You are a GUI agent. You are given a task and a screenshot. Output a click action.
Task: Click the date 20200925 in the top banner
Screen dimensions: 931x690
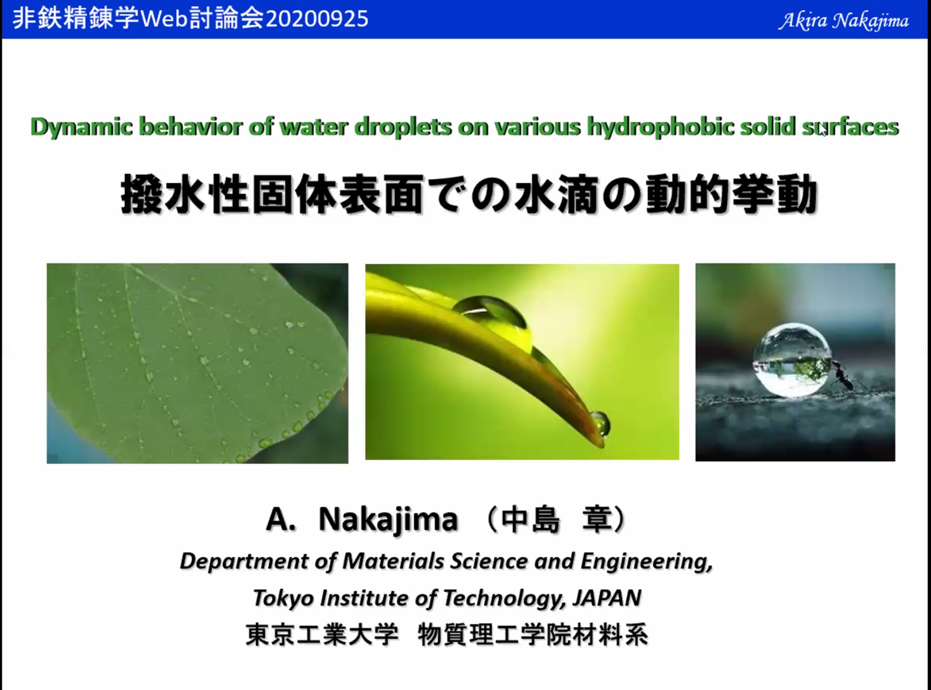(x=317, y=19)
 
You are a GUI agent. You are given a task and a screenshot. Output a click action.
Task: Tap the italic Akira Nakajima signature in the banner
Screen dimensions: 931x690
(x=843, y=21)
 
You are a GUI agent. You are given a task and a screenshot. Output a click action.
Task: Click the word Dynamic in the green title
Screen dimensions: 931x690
(x=81, y=127)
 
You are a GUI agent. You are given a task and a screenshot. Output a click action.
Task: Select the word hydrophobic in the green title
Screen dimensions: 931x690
(x=660, y=127)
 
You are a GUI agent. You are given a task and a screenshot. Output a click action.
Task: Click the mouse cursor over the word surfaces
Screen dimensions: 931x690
(x=822, y=130)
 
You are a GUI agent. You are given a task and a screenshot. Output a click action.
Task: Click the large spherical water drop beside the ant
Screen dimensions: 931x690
(x=792, y=360)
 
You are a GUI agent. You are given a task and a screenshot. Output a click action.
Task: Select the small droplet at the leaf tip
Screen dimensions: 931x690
(x=600, y=423)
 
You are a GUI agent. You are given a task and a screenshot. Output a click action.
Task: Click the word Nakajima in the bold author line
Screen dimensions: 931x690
(x=388, y=521)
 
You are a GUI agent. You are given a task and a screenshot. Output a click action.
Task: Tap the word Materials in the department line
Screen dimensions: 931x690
(x=393, y=561)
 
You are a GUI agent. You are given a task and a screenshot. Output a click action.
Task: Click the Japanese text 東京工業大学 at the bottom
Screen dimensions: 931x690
(x=322, y=634)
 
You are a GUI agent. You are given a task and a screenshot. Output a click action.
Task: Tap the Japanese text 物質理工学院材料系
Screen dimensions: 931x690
(x=533, y=634)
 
